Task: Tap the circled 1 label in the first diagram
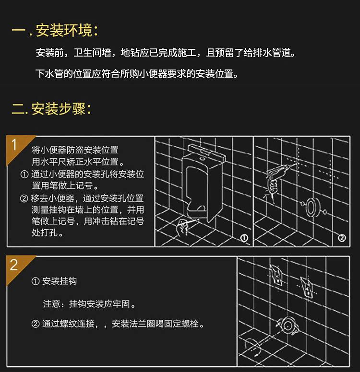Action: [x=244, y=238]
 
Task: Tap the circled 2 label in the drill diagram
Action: [x=342, y=238]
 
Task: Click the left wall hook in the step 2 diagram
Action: [x=277, y=275]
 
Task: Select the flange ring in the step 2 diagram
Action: [x=288, y=325]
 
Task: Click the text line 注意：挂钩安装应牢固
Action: [x=89, y=304]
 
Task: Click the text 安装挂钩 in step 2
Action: [x=60, y=281]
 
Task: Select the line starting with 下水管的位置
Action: [x=137, y=74]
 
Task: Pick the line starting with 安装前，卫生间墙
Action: [x=166, y=53]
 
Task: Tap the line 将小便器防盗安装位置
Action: [x=75, y=150]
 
